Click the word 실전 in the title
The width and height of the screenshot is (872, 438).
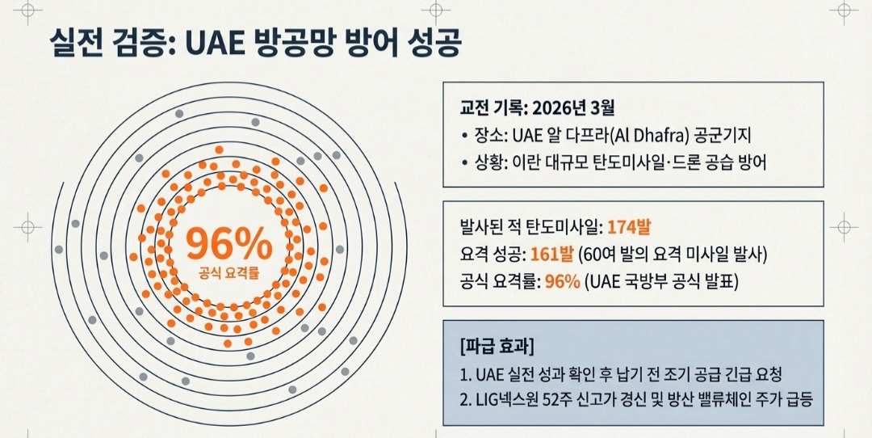[x=76, y=43]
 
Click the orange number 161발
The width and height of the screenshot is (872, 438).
[x=552, y=255]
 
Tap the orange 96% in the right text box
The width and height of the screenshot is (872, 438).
[x=563, y=281]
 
